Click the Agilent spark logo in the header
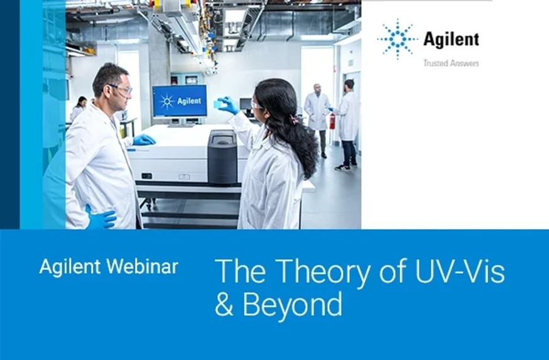point(397,39)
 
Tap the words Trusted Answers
point(450,63)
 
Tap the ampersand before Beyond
point(224,305)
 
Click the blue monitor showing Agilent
point(180,101)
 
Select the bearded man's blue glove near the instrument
point(144,139)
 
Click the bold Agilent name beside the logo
point(450,40)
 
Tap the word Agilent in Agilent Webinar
point(70,266)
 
